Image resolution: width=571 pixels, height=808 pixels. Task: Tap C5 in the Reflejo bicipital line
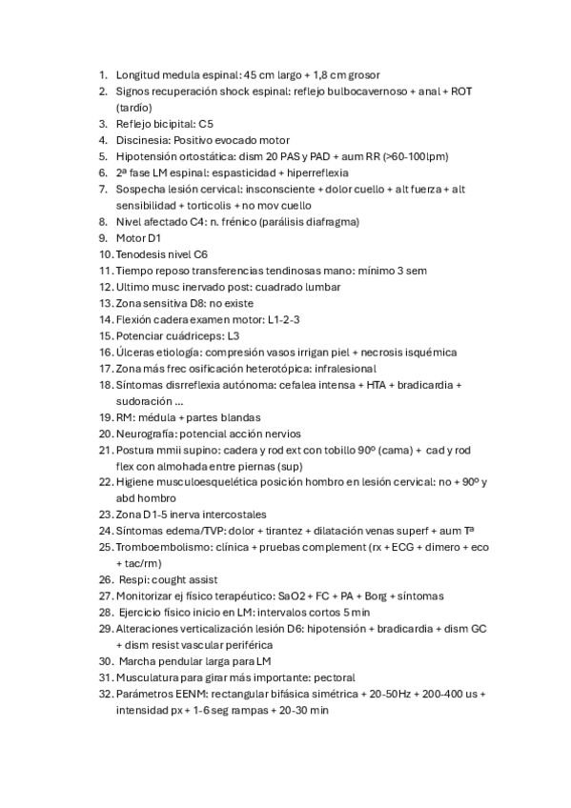(207, 124)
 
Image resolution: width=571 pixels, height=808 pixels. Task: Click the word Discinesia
(144, 140)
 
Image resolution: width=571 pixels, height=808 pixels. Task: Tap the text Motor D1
(142, 238)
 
